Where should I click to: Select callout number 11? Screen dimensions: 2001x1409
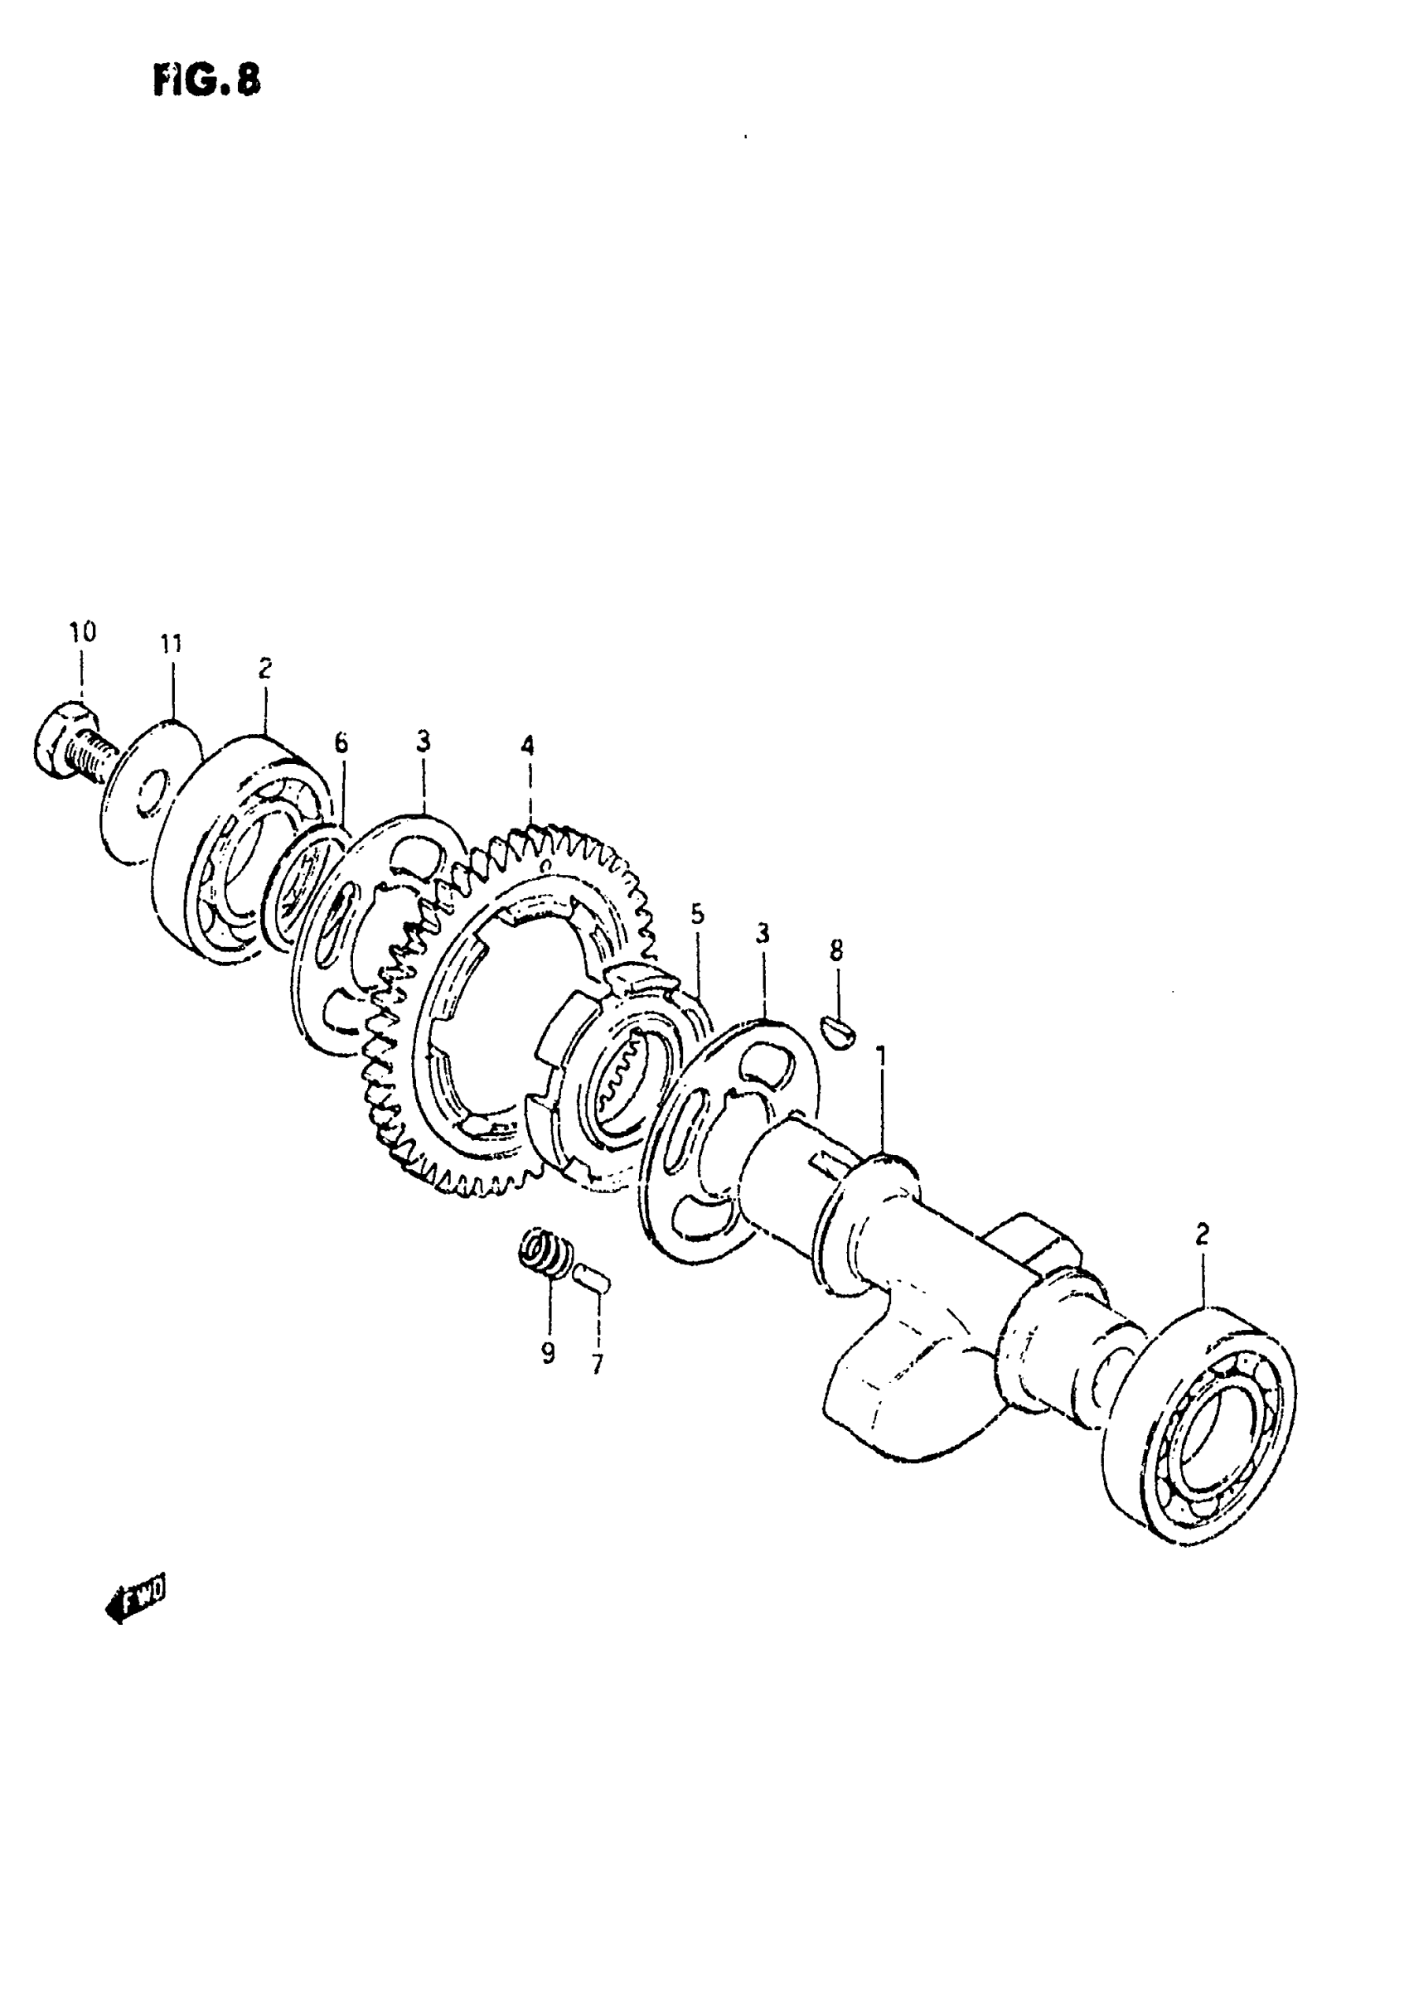171,644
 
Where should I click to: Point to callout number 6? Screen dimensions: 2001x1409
341,742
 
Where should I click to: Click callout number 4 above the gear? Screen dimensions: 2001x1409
526,746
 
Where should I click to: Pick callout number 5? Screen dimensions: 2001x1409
697,914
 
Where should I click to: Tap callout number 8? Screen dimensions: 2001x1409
836,950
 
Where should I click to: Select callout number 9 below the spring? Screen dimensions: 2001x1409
548,1353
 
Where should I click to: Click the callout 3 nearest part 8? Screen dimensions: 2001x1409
762,935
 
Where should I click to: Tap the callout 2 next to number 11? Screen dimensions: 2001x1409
265,668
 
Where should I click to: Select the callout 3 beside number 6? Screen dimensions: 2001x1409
423,742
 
